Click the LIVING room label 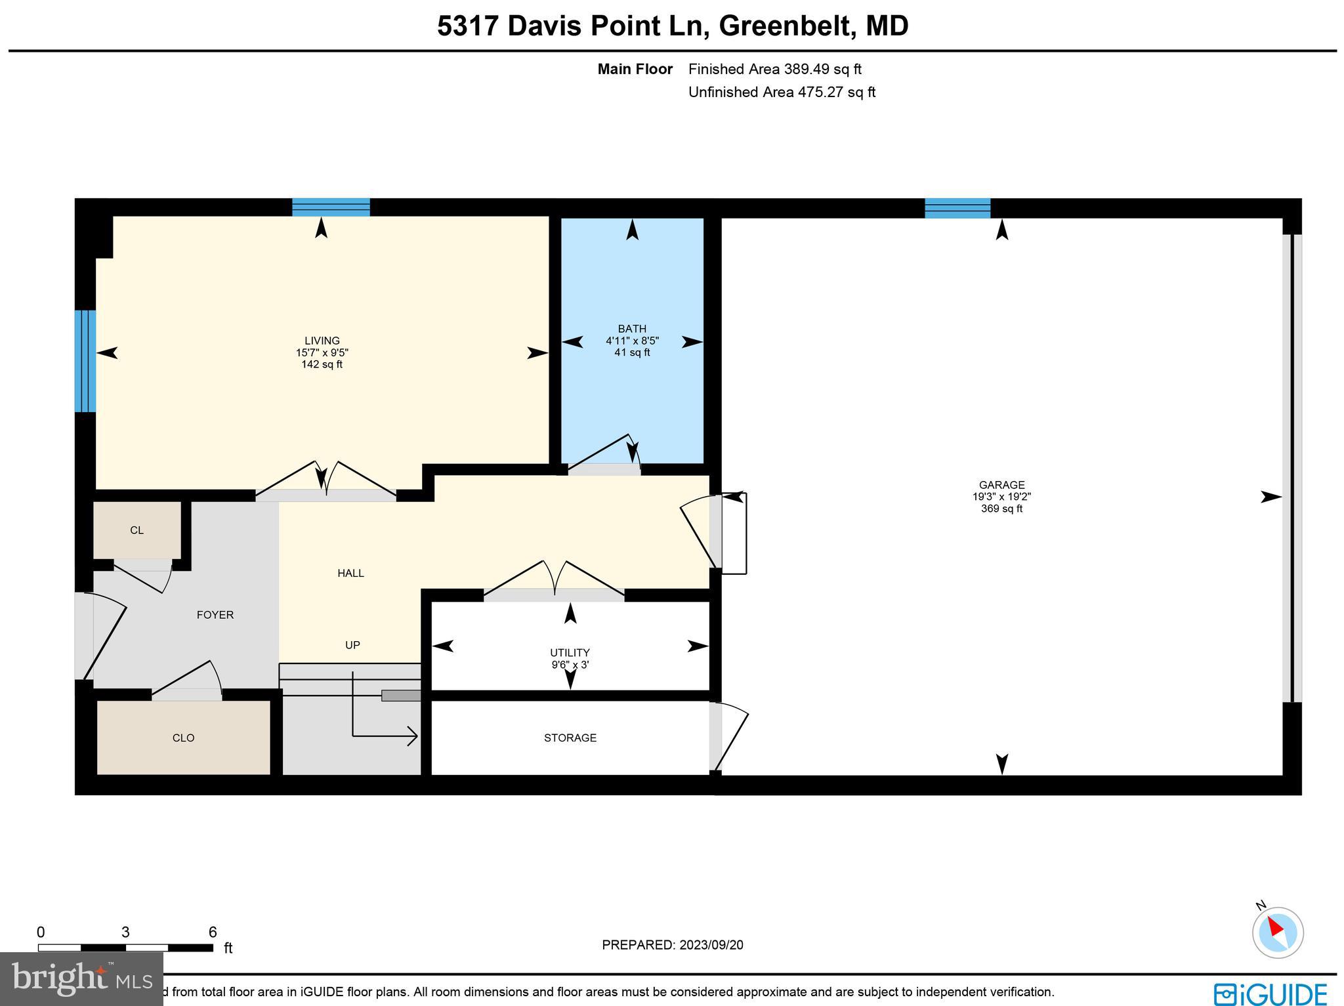tap(322, 341)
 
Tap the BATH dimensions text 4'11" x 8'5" tap(632, 341)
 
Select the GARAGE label tap(1001, 485)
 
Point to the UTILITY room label tap(570, 652)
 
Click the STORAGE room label tap(570, 738)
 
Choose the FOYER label tap(215, 615)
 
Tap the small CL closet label tap(136, 530)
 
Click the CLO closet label tap(183, 738)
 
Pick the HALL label tap(350, 573)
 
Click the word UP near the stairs tap(352, 645)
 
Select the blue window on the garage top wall tap(957, 208)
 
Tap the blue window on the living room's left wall tap(85, 361)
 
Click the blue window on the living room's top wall tap(331, 207)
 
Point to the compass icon tap(1277, 932)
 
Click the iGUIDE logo tap(1270, 993)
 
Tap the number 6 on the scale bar tap(212, 933)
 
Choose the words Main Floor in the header tap(635, 69)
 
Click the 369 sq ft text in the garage tap(1001, 509)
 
